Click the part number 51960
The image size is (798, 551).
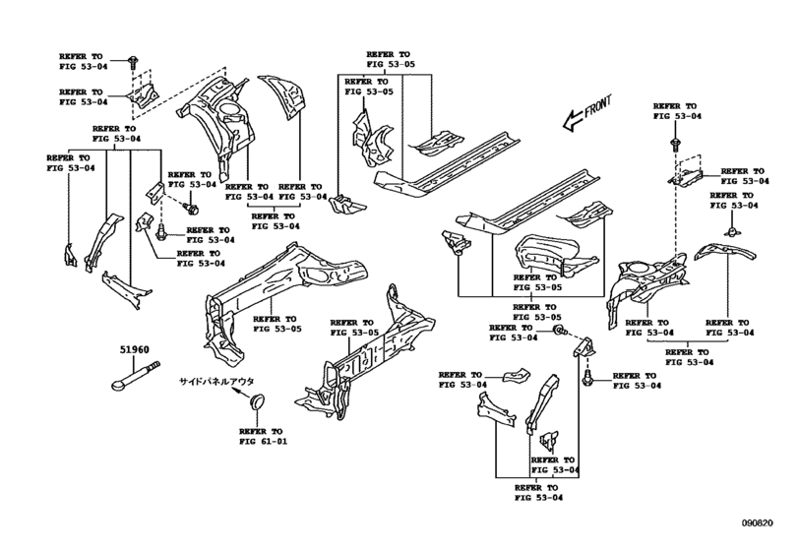135,349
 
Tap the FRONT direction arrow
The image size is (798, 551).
586,114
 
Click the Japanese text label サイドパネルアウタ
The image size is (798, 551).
215,381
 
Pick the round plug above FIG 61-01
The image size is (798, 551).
258,399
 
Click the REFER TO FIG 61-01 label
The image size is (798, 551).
263,436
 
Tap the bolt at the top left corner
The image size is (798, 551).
132,62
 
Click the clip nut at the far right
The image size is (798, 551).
731,231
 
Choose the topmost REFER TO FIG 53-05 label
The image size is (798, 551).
391,59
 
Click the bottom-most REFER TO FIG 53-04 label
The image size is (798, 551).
538,493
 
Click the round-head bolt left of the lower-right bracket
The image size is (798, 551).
559,331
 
